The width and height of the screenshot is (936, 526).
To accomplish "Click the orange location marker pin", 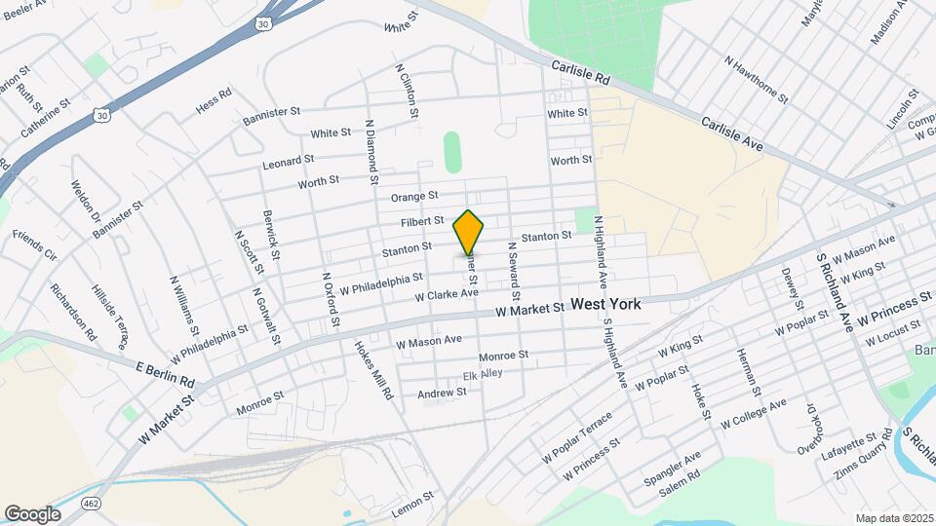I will click(x=469, y=232).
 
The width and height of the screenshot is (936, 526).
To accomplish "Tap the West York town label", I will click(x=605, y=304).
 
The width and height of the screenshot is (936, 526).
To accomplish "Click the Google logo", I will click(x=32, y=513).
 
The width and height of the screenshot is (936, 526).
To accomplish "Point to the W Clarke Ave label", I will click(x=447, y=293).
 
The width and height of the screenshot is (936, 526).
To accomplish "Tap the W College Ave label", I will click(x=753, y=413).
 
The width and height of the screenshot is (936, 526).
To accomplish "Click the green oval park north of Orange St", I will click(x=452, y=152).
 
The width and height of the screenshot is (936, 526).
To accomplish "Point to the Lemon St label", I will click(x=411, y=502).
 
